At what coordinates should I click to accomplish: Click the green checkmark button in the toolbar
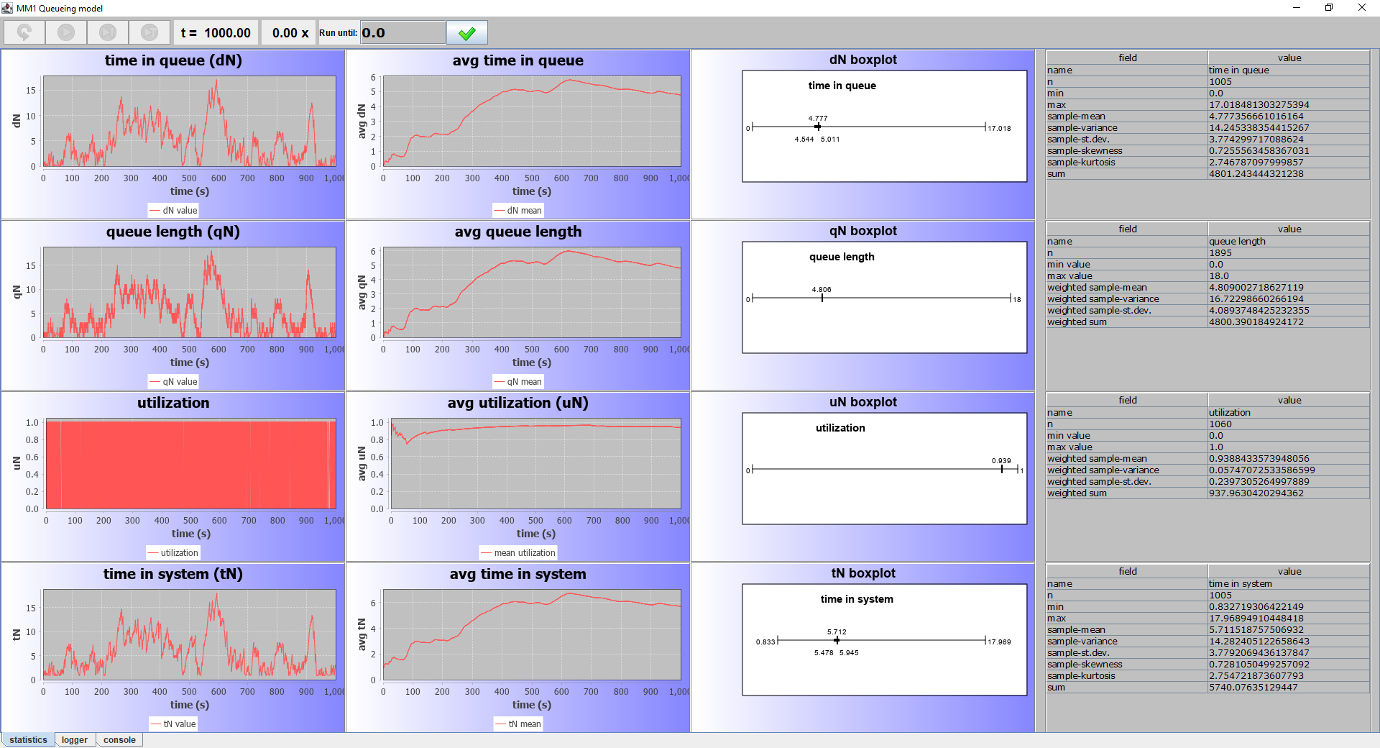point(467,33)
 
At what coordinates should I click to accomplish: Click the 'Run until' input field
point(402,33)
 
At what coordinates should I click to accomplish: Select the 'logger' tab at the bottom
point(75,740)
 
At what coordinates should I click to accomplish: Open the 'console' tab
point(119,740)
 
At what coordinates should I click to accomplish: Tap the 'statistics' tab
point(28,740)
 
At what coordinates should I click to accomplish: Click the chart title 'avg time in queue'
point(517,61)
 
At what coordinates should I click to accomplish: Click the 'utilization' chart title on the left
point(173,403)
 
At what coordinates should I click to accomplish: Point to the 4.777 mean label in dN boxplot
point(818,118)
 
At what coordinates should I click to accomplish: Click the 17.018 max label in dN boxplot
point(999,129)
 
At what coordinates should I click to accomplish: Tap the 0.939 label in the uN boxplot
point(1001,460)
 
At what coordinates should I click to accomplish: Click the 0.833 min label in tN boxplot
point(765,642)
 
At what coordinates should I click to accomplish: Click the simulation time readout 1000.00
point(227,33)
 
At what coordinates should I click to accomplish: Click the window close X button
point(1361,8)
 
